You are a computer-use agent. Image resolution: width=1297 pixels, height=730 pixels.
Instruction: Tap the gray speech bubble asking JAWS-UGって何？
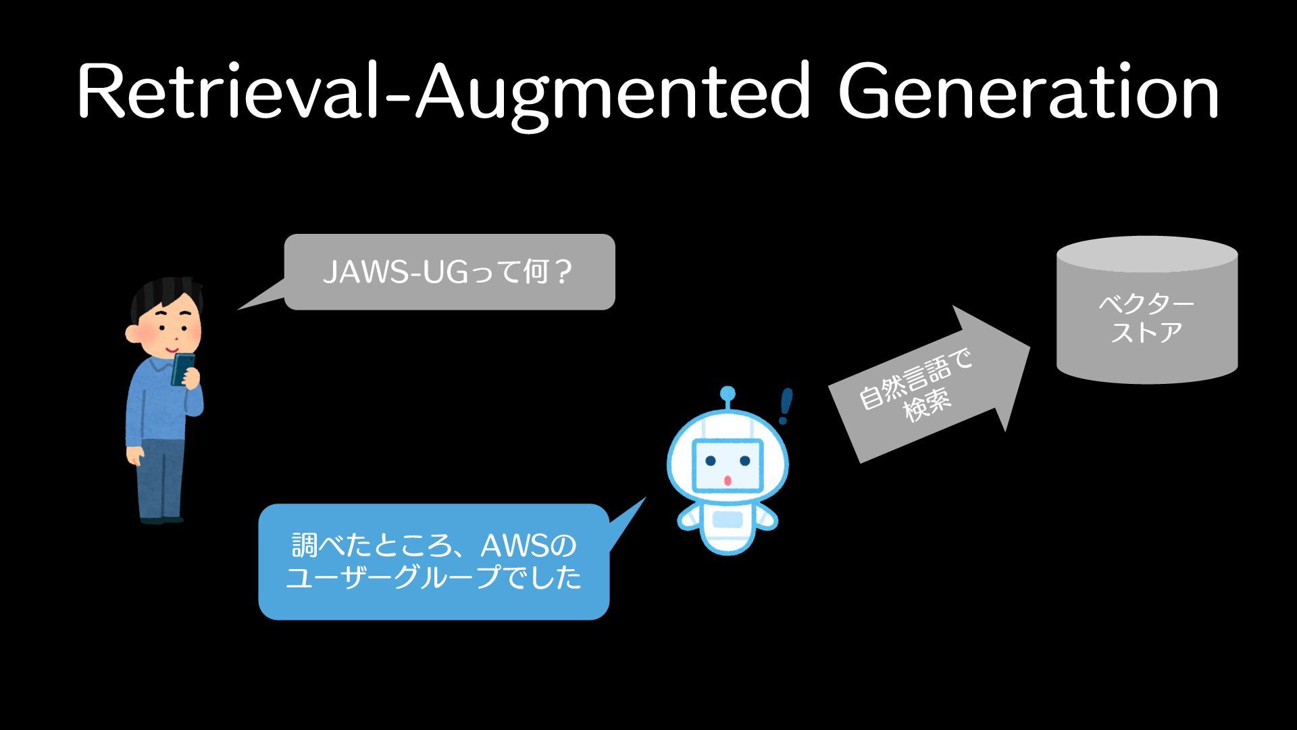click(449, 272)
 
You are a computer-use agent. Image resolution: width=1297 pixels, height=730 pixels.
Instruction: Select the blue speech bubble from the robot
click(434, 562)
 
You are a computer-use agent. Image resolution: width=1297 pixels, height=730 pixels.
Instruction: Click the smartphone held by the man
click(182, 368)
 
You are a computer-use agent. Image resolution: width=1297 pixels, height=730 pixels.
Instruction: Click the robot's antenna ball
click(728, 394)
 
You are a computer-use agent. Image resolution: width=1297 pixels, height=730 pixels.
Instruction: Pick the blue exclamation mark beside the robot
click(785, 406)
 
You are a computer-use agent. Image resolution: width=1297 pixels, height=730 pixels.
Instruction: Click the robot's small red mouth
click(728, 481)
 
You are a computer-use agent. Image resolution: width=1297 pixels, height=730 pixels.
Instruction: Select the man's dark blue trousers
click(160, 477)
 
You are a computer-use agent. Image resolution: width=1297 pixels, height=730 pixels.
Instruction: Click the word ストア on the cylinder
click(1146, 333)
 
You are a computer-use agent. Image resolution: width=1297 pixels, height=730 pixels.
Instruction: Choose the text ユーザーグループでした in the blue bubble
click(434, 578)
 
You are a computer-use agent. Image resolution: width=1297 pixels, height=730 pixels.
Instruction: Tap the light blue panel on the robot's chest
click(728, 519)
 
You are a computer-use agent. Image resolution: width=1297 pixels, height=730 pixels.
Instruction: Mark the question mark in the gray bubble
click(563, 272)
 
